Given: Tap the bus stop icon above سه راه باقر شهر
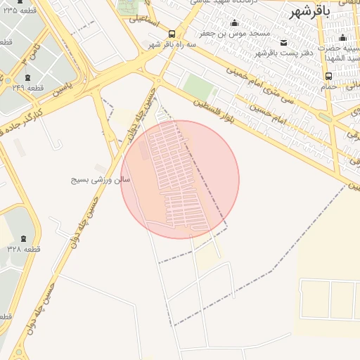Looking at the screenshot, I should click(x=172, y=33).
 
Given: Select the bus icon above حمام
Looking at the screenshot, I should click(x=328, y=76).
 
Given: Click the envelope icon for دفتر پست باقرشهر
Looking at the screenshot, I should click(x=283, y=42).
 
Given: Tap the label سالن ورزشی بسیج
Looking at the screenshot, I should click(x=101, y=180).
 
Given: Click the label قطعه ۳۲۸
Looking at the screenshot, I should click(x=25, y=250).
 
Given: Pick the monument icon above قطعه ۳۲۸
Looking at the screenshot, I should click(x=25, y=239).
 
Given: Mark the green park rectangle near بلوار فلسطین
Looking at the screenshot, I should click(x=198, y=89).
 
